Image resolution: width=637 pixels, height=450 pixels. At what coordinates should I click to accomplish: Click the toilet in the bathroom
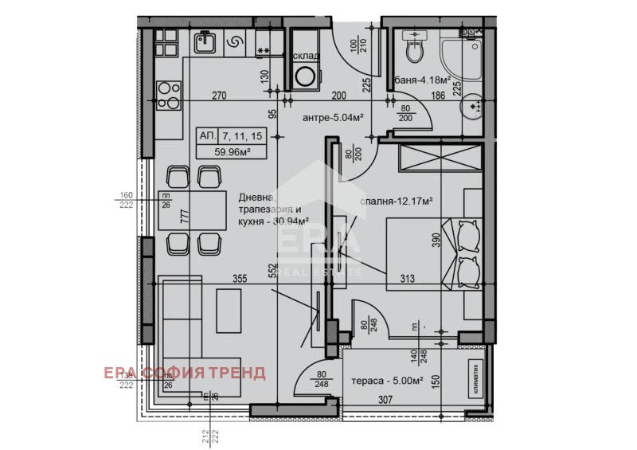tap(414, 50)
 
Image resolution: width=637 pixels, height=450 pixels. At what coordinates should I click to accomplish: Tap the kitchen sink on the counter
tap(204, 42)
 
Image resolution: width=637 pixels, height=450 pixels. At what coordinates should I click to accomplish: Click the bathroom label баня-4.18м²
tap(423, 80)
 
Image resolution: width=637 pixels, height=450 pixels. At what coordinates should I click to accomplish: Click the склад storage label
tap(306, 56)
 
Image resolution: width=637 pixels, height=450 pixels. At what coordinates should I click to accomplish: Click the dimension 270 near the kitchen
tap(219, 96)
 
